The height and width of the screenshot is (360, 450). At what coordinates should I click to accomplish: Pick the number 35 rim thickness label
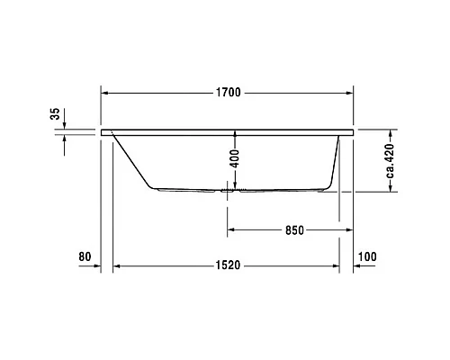54,113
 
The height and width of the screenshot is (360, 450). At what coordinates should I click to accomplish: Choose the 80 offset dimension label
85,257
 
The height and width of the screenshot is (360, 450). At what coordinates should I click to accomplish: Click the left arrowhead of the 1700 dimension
104,92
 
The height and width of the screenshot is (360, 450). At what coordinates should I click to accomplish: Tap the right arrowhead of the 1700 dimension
348,92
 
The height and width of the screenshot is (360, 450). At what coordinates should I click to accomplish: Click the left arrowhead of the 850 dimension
229,229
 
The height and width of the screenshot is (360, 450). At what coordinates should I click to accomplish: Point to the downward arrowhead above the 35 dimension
64,125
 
